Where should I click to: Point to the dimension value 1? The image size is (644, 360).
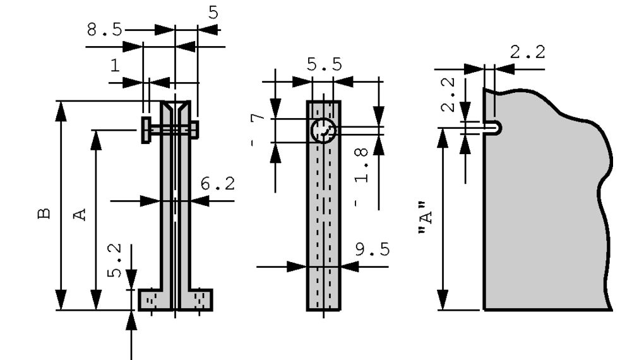[x=114, y=65]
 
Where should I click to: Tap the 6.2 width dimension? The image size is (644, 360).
[x=218, y=184]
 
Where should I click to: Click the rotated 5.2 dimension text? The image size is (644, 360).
[x=114, y=261]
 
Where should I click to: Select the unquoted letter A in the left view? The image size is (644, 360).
[x=80, y=214]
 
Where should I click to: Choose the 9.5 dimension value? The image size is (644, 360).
[x=371, y=249]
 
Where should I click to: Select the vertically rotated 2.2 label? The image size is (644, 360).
[x=447, y=94]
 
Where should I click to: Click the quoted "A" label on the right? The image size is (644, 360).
[x=426, y=219]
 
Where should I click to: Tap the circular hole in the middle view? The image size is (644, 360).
[x=323, y=131]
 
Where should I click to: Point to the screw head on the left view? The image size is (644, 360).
[x=146, y=129]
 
